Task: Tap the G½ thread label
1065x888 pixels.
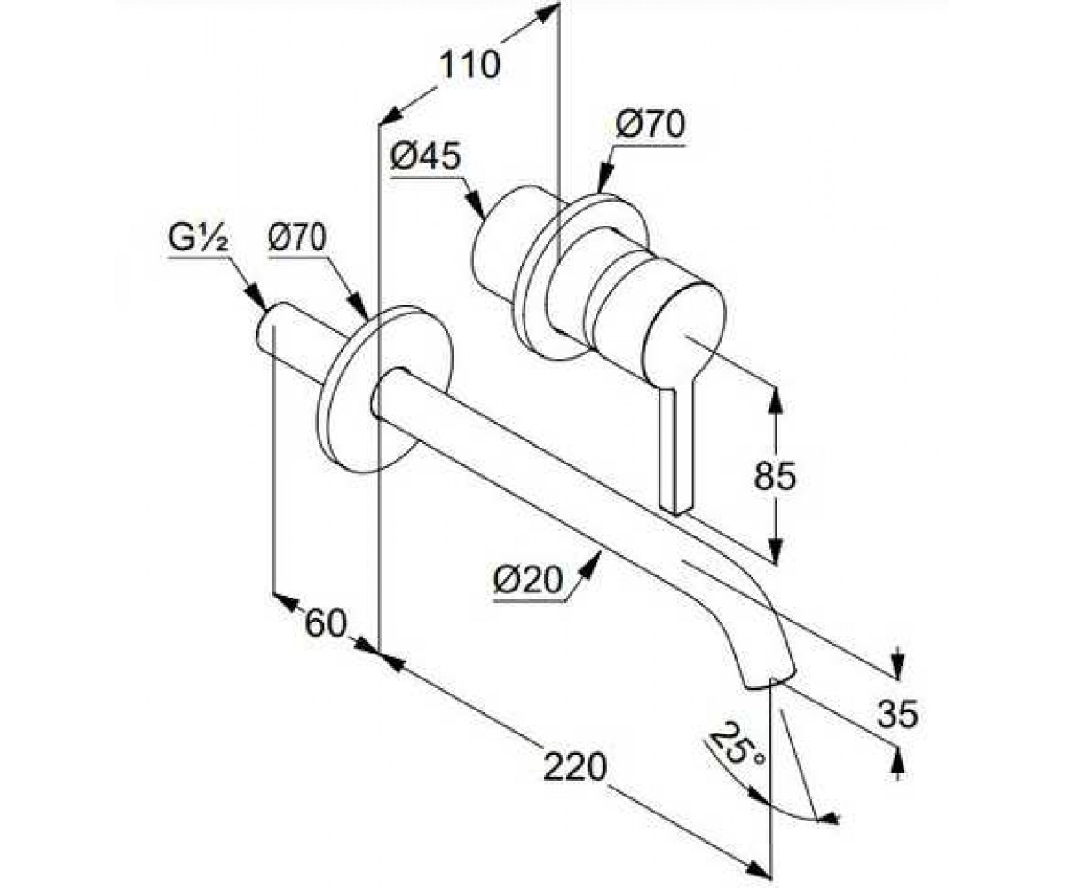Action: [x=197, y=238]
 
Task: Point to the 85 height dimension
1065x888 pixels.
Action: [x=774, y=476]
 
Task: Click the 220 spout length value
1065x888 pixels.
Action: [x=575, y=766]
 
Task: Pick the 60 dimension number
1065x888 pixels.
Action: [x=325, y=623]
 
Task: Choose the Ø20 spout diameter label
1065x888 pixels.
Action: [x=529, y=581]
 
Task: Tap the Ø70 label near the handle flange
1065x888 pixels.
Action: [x=650, y=124]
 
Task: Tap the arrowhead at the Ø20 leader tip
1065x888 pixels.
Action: [x=592, y=565]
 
